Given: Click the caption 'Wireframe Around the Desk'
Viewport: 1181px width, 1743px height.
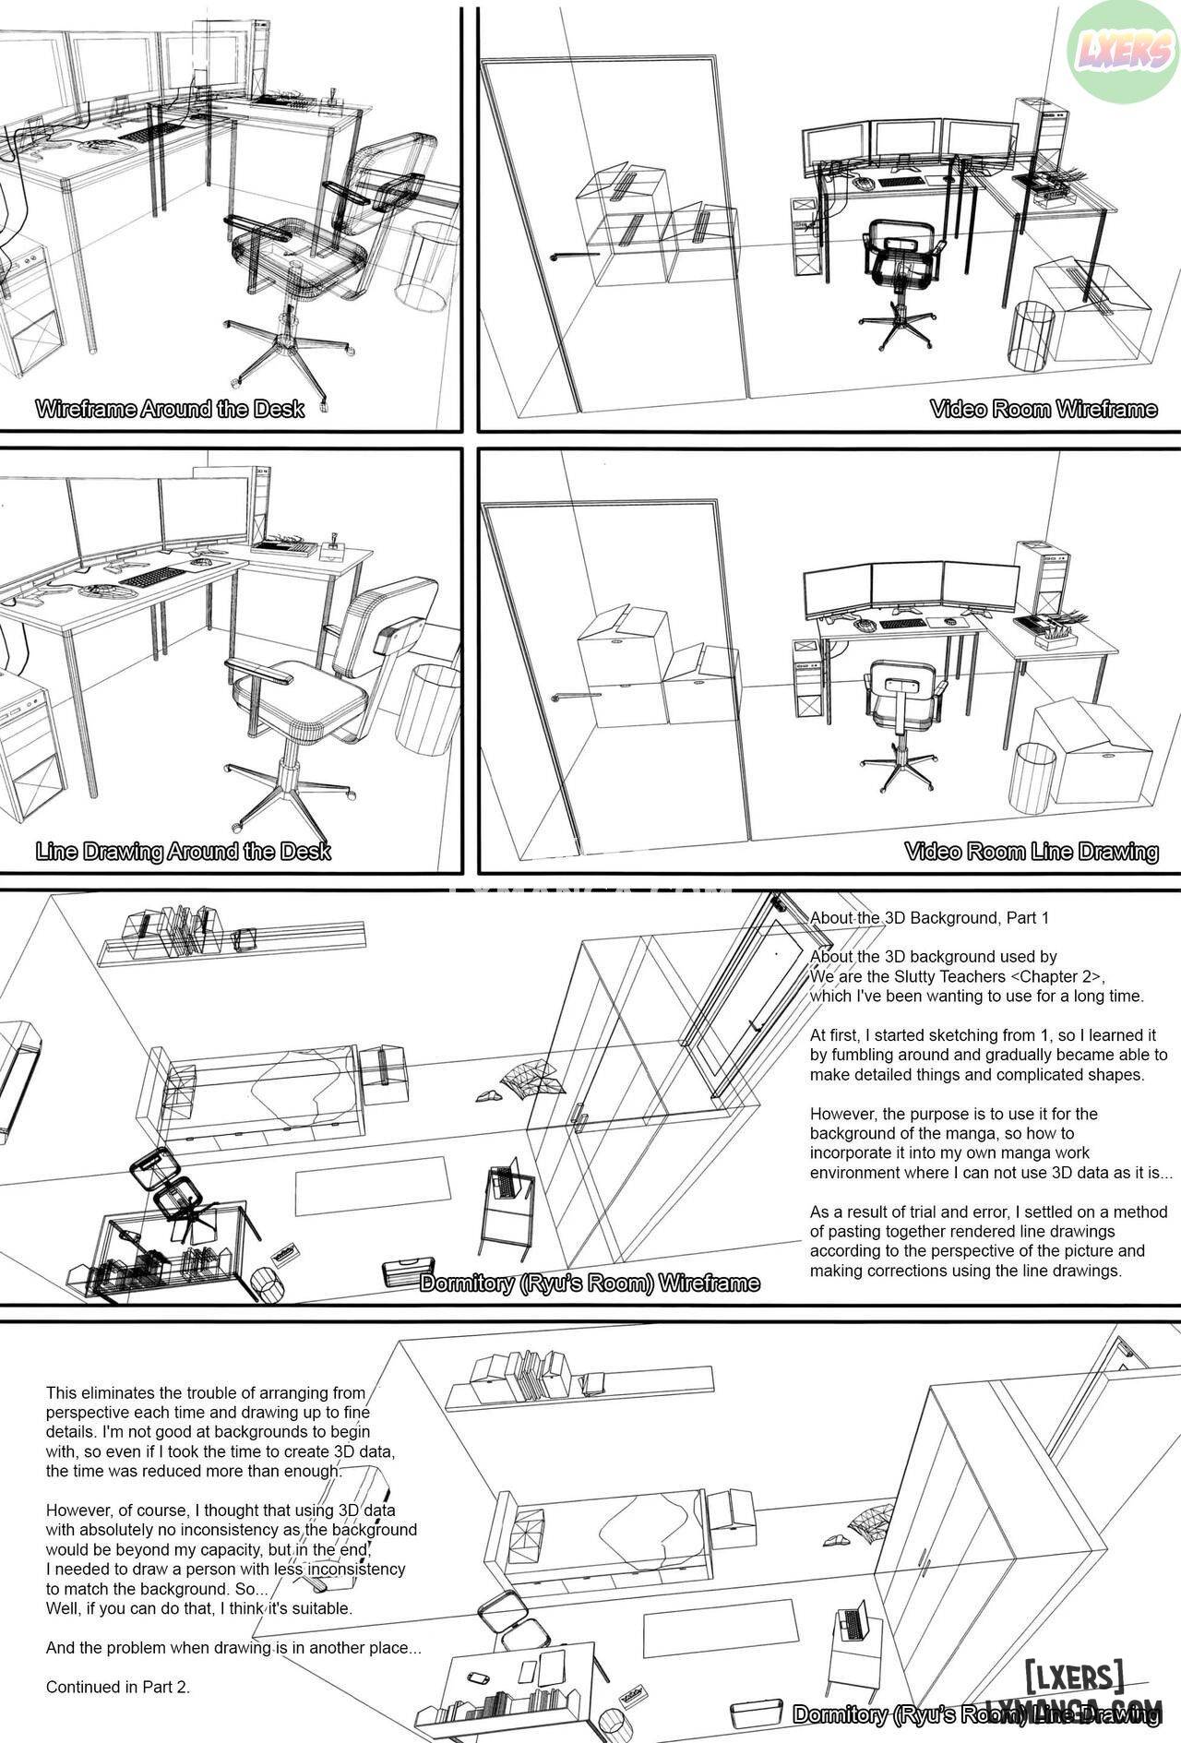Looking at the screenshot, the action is (170, 409).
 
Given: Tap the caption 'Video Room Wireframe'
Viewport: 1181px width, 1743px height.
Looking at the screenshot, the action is (1044, 409).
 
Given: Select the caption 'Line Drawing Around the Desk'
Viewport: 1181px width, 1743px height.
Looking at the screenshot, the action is (183, 851).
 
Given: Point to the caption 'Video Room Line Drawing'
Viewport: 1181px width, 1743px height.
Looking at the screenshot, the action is (1032, 851).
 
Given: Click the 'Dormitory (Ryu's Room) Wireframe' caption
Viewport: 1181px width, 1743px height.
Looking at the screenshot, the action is (590, 1283).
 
